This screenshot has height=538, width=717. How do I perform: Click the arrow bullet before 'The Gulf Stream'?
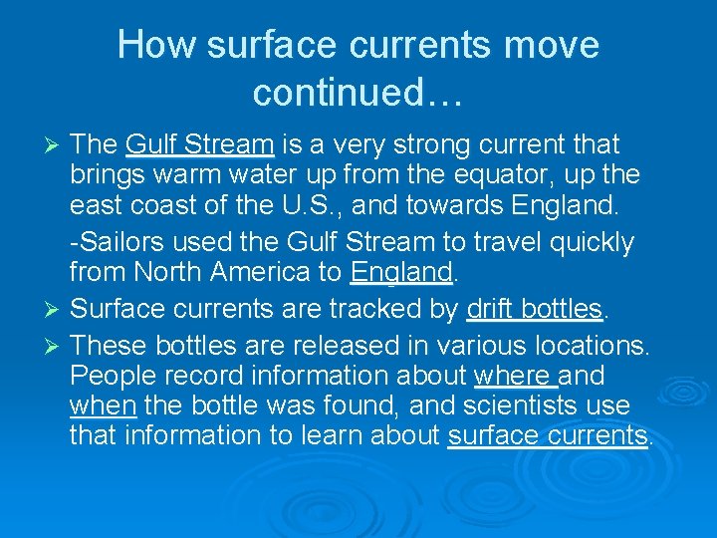click(55, 145)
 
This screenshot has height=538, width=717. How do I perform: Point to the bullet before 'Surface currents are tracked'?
click(55, 310)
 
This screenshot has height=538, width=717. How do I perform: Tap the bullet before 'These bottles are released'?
click(55, 347)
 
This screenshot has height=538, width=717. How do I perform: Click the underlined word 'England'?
click(401, 271)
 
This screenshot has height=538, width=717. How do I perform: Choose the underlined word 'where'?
click(514, 377)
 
